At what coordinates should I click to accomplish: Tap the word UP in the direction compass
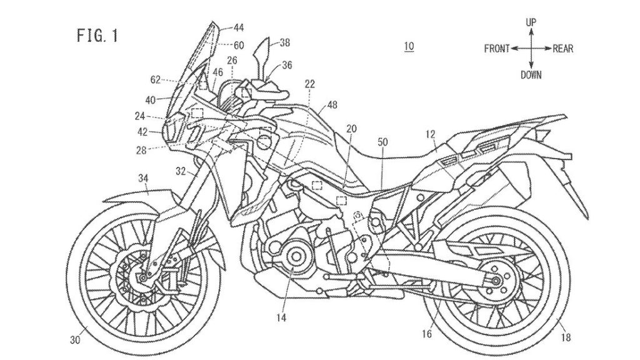(531, 22)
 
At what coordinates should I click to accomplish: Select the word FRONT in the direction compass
(497, 48)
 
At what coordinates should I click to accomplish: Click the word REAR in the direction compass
(563, 48)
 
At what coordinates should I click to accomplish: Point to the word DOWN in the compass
(531, 74)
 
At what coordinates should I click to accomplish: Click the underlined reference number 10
(409, 46)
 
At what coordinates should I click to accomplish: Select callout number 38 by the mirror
(284, 43)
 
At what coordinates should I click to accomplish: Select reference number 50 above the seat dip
(383, 142)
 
